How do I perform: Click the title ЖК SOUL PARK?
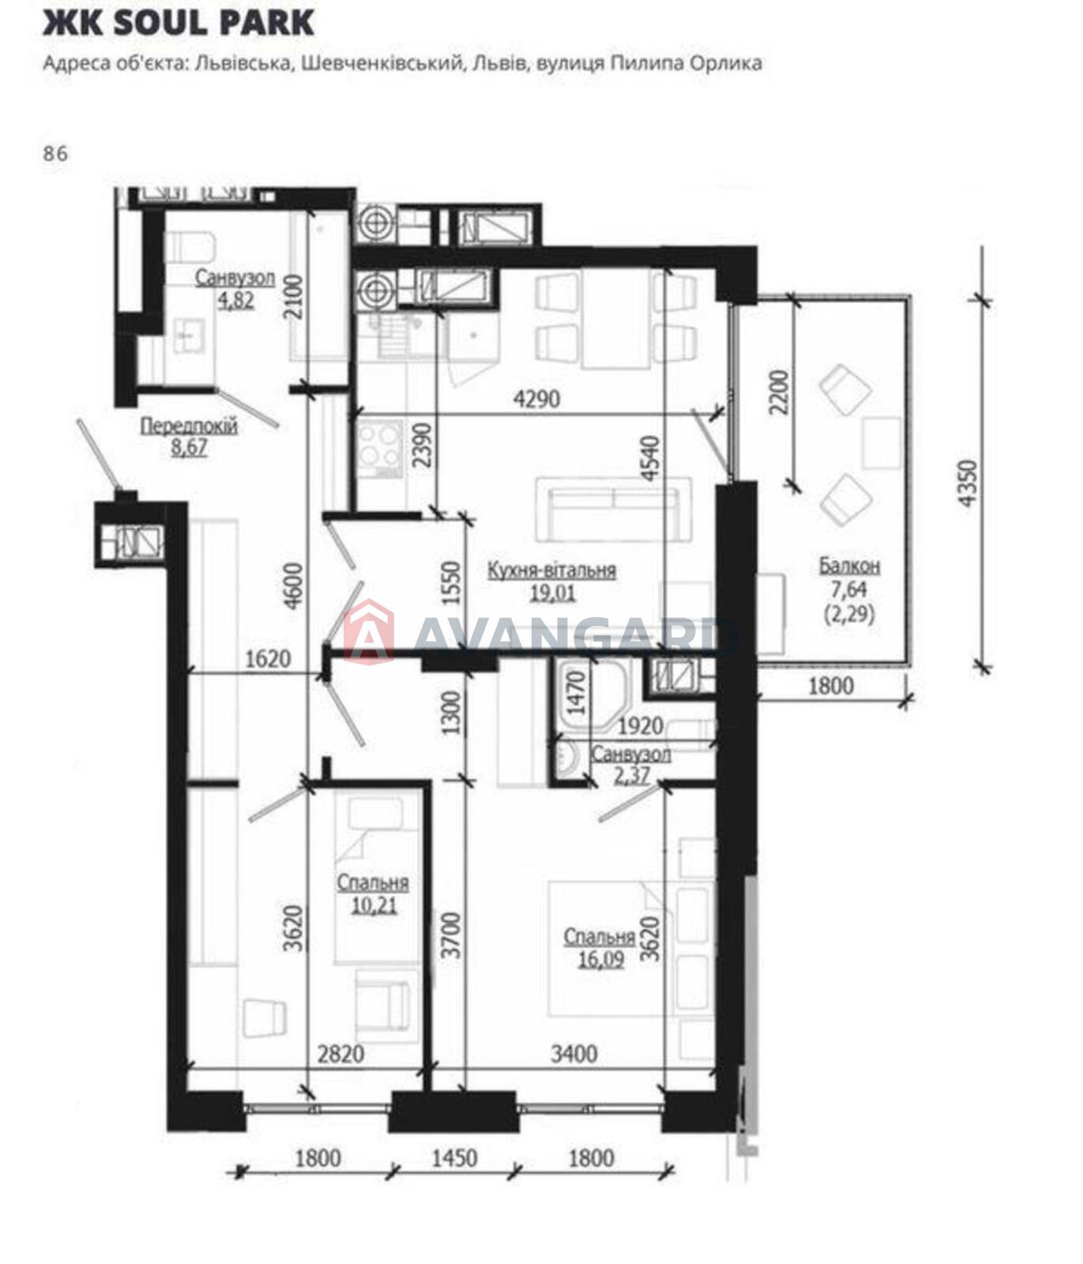(179, 23)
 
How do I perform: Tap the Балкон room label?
(849, 566)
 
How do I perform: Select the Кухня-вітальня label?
(552, 570)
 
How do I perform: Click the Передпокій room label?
(189, 427)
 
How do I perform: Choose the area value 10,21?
(374, 905)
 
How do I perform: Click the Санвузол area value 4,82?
(235, 299)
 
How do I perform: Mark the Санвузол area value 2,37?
(631, 775)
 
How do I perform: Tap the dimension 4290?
(537, 399)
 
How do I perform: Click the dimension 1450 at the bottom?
(455, 1158)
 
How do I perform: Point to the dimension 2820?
(340, 1053)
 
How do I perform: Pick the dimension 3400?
(573, 1053)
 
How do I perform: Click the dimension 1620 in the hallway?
(268, 658)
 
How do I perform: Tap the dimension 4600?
(293, 585)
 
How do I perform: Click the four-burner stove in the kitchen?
(381, 448)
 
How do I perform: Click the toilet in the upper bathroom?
(190, 246)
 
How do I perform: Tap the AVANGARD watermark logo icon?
(369, 631)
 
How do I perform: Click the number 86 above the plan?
(56, 154)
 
